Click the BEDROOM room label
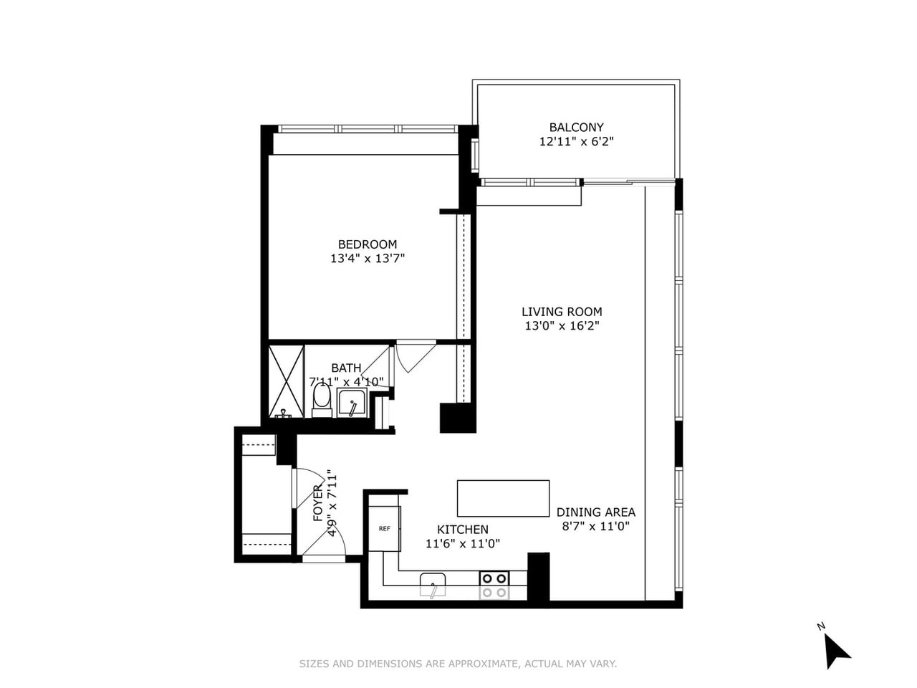pyautogui.click(x=368, y=244)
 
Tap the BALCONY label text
pyautogui.click(x=576, y=128)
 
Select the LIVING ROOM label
pyautogui.click(x=562, y=312)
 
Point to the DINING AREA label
pyautogui.click(x=595, y=512)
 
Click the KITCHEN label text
pyautogui.click(x=463, y=530)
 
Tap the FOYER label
pyautogui.click(x=318, y=503)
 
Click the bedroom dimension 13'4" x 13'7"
pyautogui.click(x=368, y=259)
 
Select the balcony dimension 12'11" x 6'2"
pyautogui.click(x=576, y=142)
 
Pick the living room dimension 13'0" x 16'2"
pyautogui.click(x=562, y=326)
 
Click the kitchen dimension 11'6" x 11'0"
pyautogui.click(x=463, y=543)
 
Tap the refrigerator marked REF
pyautogui.click(x=384, y=529)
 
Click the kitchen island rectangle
pyautogui.click(x=503, y=498)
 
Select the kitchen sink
pyautogui.click(x=433, y=584)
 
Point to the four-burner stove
pyautogui.click(x=494, y=585)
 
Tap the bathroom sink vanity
pyautogui.click(x=352, y=403)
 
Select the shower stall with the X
pyautogui.click(x=286, y=382)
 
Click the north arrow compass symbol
pyautogui.click(x=835, y=650)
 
